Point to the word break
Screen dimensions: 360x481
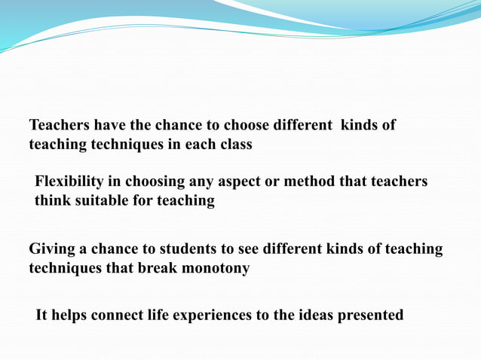[x=156, y=268]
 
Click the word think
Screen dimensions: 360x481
[x=52, y=201]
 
